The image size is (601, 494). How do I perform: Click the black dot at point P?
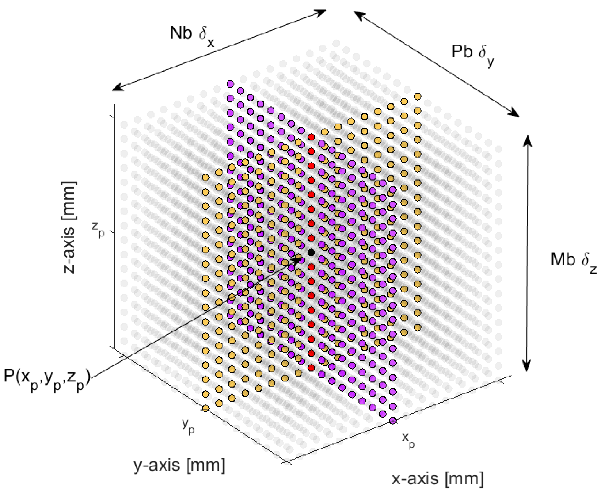click(311, 252)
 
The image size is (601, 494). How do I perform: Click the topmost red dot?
click(311, 137)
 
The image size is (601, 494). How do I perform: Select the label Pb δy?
click(473, 54)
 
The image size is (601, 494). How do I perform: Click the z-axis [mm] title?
click(69, 228)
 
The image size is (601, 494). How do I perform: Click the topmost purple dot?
click(230, 84)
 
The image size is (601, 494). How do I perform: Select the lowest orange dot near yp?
click(205, 408)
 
